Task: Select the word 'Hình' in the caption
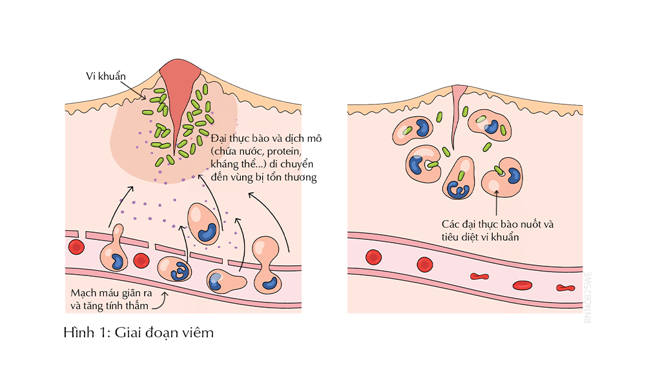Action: pos(78,333)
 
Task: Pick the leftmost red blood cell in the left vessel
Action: pos(76,247)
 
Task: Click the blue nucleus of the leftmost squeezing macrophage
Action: pos(118,261)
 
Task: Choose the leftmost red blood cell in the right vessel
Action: pos(373,257)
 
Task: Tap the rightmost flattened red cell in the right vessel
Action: pos(566,288)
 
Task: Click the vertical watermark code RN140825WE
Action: pos(588,299)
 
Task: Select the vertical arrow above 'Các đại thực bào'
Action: pos(495,200)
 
